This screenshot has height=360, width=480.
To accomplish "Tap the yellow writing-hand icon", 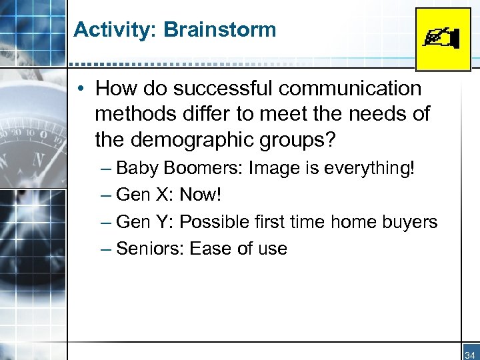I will click(443, 39).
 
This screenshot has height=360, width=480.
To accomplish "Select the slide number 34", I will click(469, 355).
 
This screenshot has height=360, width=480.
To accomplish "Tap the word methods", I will click(135, 114).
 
